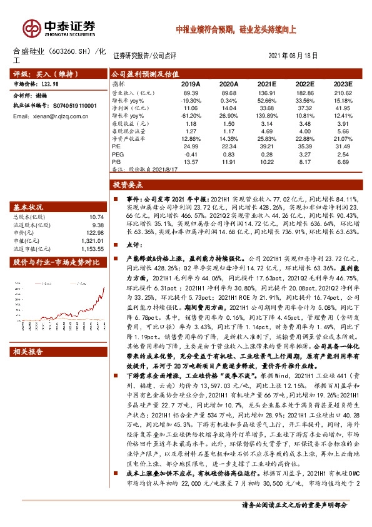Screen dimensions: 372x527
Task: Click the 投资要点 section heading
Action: pyautogui.click(x=128, y=185)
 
